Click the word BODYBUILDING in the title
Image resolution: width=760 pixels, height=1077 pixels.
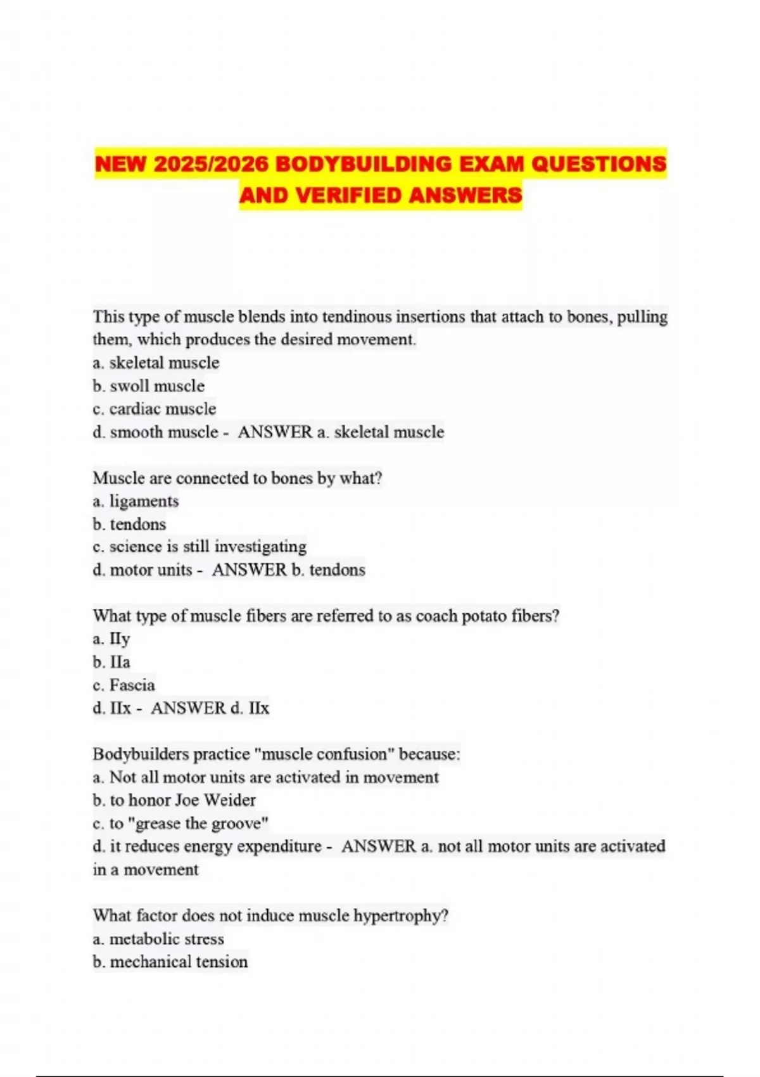pyautogui.click(x=364, y=164)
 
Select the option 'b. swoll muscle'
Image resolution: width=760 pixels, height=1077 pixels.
pyautogui.click(x=148, y=386)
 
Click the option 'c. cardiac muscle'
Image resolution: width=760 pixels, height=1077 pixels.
pyautogui.click(x=154, y=409)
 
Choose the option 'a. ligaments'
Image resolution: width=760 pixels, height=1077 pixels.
pyautogui.click(x=136, y=501)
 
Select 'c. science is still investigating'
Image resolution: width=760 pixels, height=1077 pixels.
pyautogui.click(x=199, y=547)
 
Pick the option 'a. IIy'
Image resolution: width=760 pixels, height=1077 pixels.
pyautogui.click(x=111, y=639)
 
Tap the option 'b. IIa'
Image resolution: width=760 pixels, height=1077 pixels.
pyautogui.click(x=111, y=662)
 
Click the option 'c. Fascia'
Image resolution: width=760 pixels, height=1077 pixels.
pyautogui.click(x=123, y=685)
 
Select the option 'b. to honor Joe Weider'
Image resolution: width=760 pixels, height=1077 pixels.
pyautogui.click(x=174, y=800)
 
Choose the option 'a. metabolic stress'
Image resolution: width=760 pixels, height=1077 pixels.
pyautogui.click(x=158, y=938)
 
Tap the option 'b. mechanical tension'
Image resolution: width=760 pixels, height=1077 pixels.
pyautogui.click(x=170, y=962)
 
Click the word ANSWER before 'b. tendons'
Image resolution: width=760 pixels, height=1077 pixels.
pyautogui.click(x=249, y=570)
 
